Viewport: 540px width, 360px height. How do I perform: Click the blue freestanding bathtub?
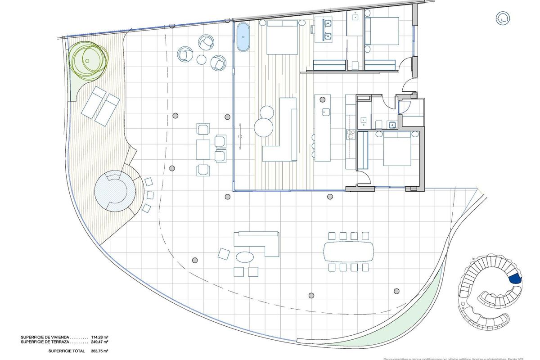[x=243, y=37]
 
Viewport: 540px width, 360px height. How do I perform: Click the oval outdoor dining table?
[x=349, y=252]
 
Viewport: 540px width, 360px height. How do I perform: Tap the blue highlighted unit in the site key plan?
[x=515, y=279]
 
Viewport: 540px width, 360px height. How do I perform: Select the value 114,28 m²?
[x=99, y=337]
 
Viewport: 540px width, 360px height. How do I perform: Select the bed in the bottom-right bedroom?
[x=397, y=149]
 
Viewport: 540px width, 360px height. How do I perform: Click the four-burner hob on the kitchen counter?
[x=349, y=134]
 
